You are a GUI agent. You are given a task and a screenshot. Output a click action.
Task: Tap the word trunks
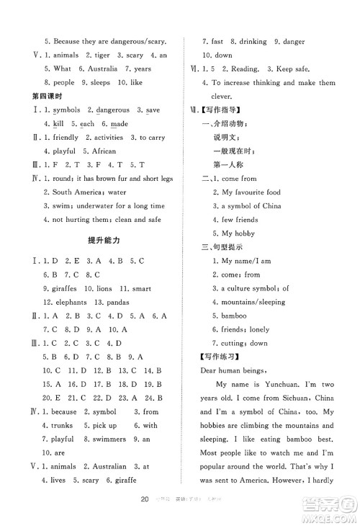point(63,425)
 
